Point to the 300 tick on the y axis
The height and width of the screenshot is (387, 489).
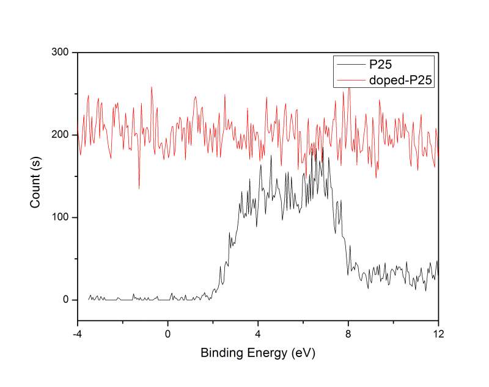pyautogui.click(x=61, y=53)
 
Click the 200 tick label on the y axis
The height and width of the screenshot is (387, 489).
pyautogui.click(x=61, y=135)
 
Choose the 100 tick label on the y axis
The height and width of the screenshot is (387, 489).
pyautogui.click(x=61, y=217)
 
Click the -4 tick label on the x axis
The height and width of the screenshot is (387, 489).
pyautogui.click(x=77, y=334)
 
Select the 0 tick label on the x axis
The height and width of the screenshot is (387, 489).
pyautogui.click(x=167, y=334)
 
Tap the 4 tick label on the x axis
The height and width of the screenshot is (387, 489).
pyautogui.click(x=258, y=334)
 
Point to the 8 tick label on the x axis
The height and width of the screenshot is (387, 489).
pyautogui.click(x=348, y=334)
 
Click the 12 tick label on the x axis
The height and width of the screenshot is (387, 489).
pyautogui.click(x=438, y=334)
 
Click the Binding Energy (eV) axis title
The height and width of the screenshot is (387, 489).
pyautogui.click(x=258, y=352)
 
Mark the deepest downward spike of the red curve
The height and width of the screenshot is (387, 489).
pyautogui.click(x=139, y=188)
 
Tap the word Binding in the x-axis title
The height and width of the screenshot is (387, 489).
pyautogui.click(x=220, y=352)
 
